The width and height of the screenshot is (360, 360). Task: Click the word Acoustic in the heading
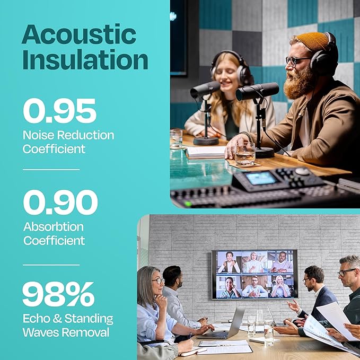click(x=78, y=35)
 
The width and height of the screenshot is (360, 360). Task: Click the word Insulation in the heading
click(x=85, y=60)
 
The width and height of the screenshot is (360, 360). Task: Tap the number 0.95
click(x=59, y=111)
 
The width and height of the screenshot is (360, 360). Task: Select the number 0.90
click(x=60, y=203)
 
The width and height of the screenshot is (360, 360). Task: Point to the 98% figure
click(x=58, y=294)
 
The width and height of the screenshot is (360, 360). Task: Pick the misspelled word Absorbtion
click(x=54, y=227)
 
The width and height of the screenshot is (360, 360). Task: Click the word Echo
click(x=37, y=319)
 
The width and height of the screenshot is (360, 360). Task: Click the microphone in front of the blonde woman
click(x=205, y=89)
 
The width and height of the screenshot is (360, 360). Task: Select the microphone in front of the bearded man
click(x=257, y=91)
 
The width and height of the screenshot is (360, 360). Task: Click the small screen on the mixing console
click(x=261, y=178)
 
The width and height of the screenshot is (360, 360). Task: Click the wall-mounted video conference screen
click(x=254, y=274)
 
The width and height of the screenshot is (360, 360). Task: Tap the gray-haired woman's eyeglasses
click(x=158, y=280)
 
